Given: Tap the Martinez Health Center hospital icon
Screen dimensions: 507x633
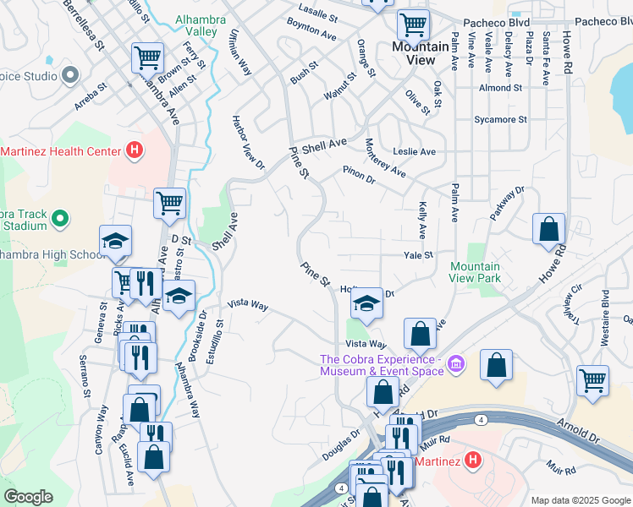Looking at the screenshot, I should (x=133, y=152).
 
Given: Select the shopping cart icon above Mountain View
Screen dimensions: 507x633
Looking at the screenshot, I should (x=412, y=25).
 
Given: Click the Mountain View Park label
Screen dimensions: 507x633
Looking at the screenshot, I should (x=475, y=272).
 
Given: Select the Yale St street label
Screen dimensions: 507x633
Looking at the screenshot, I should (x=418, y=254).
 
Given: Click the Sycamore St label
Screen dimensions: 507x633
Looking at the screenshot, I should (x=500, y=120).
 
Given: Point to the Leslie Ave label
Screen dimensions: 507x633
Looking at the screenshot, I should (x=414, y=152).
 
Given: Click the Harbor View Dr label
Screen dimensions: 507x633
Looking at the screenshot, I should (x=243, y=141).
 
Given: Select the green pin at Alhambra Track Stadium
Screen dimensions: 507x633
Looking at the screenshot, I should (x=59, y=220).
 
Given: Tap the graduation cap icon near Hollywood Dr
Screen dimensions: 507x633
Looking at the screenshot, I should (x=366, y=303).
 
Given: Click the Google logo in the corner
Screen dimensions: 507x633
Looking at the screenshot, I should (x=28, y=498).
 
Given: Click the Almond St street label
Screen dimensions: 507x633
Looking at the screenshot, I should (x=499, y=88).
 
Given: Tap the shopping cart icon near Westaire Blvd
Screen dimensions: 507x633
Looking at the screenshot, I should (x=592, y=380).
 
